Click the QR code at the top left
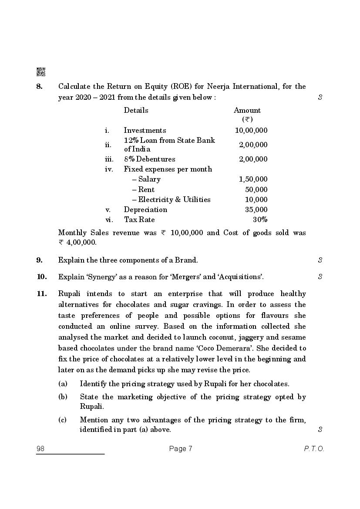[x=41, y=72]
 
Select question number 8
[x=40, y=86]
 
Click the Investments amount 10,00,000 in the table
[x=251, y=130]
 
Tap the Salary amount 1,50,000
[x=253, y=179]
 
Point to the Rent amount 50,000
[x=256, y=189]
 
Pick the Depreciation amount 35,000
[x=256, y=209]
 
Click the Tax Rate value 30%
[x=260, y=219]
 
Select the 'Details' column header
[x=136, y=110]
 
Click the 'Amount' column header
[x=247, y=111]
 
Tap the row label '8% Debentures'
[x=149, y=159]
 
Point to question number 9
[x=40, y=260]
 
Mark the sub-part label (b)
[x=62, y=397]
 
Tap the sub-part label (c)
[x=62, y=420]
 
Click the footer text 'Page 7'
[x=180, y=449]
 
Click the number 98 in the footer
[x=41, y=449]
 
